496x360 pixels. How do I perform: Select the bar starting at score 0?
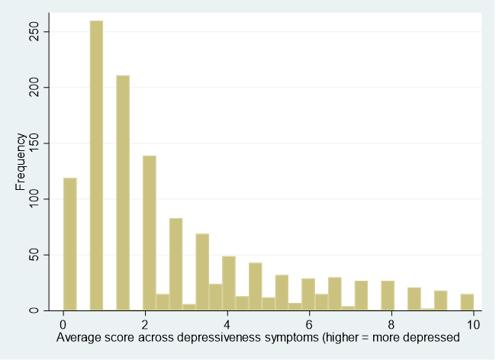(x=69, y=244)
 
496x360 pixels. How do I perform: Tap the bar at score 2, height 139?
(x=150, y=233)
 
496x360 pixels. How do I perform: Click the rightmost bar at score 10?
(x=467, y=302)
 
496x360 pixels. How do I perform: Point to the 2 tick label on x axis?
(x=145, y=324)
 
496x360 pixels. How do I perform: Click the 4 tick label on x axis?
(x=227, y=324)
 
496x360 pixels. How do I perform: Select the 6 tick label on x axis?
(x=309, y=324)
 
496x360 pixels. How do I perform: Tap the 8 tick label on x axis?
(x=391, y=324)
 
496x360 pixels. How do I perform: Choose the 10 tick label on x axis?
(x=473, y=324)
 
